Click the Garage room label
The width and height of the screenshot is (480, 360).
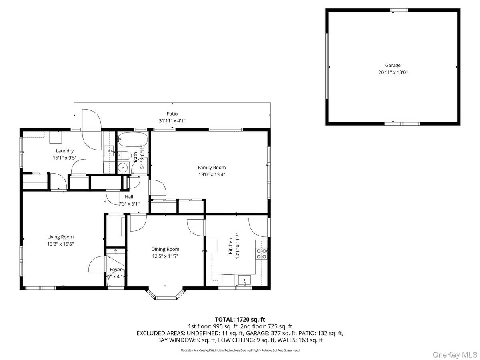point(392,66)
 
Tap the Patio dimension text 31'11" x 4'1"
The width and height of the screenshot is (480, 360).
point(172,120)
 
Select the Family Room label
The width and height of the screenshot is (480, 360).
point(212,168)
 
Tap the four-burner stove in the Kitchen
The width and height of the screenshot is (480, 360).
point(262,254)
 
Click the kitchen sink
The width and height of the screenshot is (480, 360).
point(244,280)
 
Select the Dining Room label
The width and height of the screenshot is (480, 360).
point(165,249)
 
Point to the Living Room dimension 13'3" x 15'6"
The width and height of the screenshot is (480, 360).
point(60,244)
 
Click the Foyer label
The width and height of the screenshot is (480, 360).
point(116,270)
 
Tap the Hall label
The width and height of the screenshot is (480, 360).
point(129,197)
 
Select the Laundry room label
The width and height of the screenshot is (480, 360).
point(64,151)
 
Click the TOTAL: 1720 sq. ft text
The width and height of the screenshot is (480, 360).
point(240,319)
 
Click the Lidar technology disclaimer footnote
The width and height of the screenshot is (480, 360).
point(240,350)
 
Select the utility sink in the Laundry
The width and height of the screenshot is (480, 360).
point(109,151)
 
